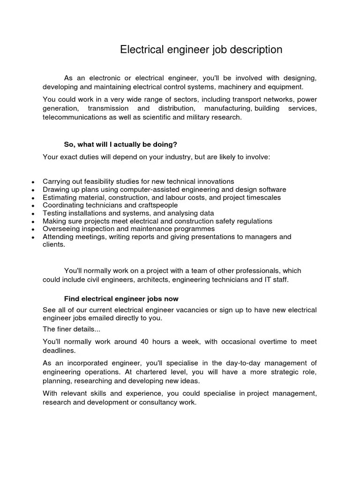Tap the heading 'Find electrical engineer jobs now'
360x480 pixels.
(121, 299)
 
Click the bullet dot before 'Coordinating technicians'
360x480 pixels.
(32, 206)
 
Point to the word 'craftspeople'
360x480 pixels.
(157, 205)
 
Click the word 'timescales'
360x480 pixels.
(264, 197)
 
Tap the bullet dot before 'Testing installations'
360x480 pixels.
(32, 214)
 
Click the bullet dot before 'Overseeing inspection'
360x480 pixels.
(32, 230)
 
